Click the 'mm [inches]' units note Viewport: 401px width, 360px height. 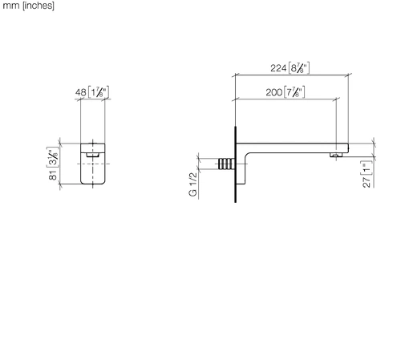click(28, 6)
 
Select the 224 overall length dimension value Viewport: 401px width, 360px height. click(278, 68)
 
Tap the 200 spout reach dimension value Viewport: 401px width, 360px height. click(274, 92)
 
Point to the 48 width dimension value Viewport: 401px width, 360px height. click(81, 92)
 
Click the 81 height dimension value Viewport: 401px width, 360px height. click(53, 175)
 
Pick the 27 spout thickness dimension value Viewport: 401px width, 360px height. click(367, 182)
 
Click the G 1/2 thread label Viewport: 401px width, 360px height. click(193, 184)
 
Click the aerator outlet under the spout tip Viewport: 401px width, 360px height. click(336, 155)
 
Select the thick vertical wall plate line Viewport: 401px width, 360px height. click(235, 164)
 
